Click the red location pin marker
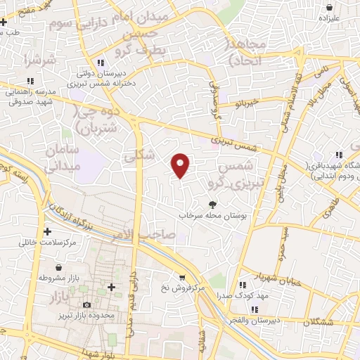coord(181,165)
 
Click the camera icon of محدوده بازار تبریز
coord(86,304)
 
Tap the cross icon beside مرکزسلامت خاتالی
coord(47,231)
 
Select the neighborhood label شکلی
coord(139,158)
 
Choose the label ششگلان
coord(319,322)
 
